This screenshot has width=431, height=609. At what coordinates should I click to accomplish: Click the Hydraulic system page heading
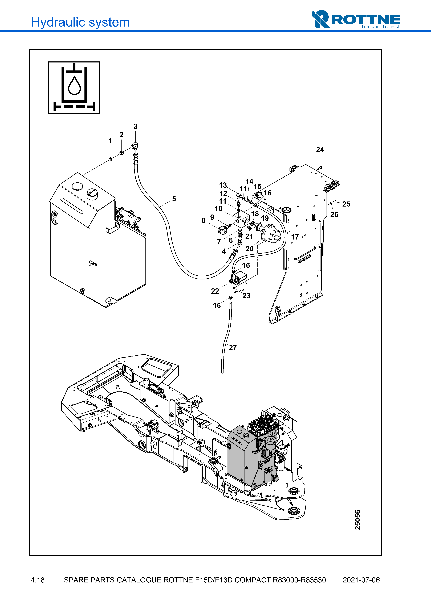coord(80,22)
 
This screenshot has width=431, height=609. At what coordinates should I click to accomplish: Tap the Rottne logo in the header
coord(356,19)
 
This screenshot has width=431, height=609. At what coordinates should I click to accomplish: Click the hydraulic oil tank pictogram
coord(74,87)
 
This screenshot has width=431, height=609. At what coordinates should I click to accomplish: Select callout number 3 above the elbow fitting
coord(135,127)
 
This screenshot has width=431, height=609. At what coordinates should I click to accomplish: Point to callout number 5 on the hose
coord(174,199)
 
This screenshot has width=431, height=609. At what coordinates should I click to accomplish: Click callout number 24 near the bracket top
coord(320,150)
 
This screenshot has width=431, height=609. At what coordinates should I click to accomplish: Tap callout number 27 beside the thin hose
coord(233,347)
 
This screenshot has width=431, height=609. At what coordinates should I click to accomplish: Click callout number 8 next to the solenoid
coord(203,220)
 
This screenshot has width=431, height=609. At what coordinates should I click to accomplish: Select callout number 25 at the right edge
coord(346,204)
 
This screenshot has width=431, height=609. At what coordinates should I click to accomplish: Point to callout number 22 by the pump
coord(215,291)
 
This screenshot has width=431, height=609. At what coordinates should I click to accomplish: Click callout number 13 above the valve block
coord(223,185)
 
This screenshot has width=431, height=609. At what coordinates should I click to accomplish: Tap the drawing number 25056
coord(357,520)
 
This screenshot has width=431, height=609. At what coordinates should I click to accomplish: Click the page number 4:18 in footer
coord(37,580)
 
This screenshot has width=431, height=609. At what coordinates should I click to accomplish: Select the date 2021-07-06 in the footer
coord(361,580)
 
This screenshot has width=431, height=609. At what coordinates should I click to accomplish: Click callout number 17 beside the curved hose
coord(295,237)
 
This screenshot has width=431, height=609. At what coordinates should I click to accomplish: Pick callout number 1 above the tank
coord(110,141)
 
